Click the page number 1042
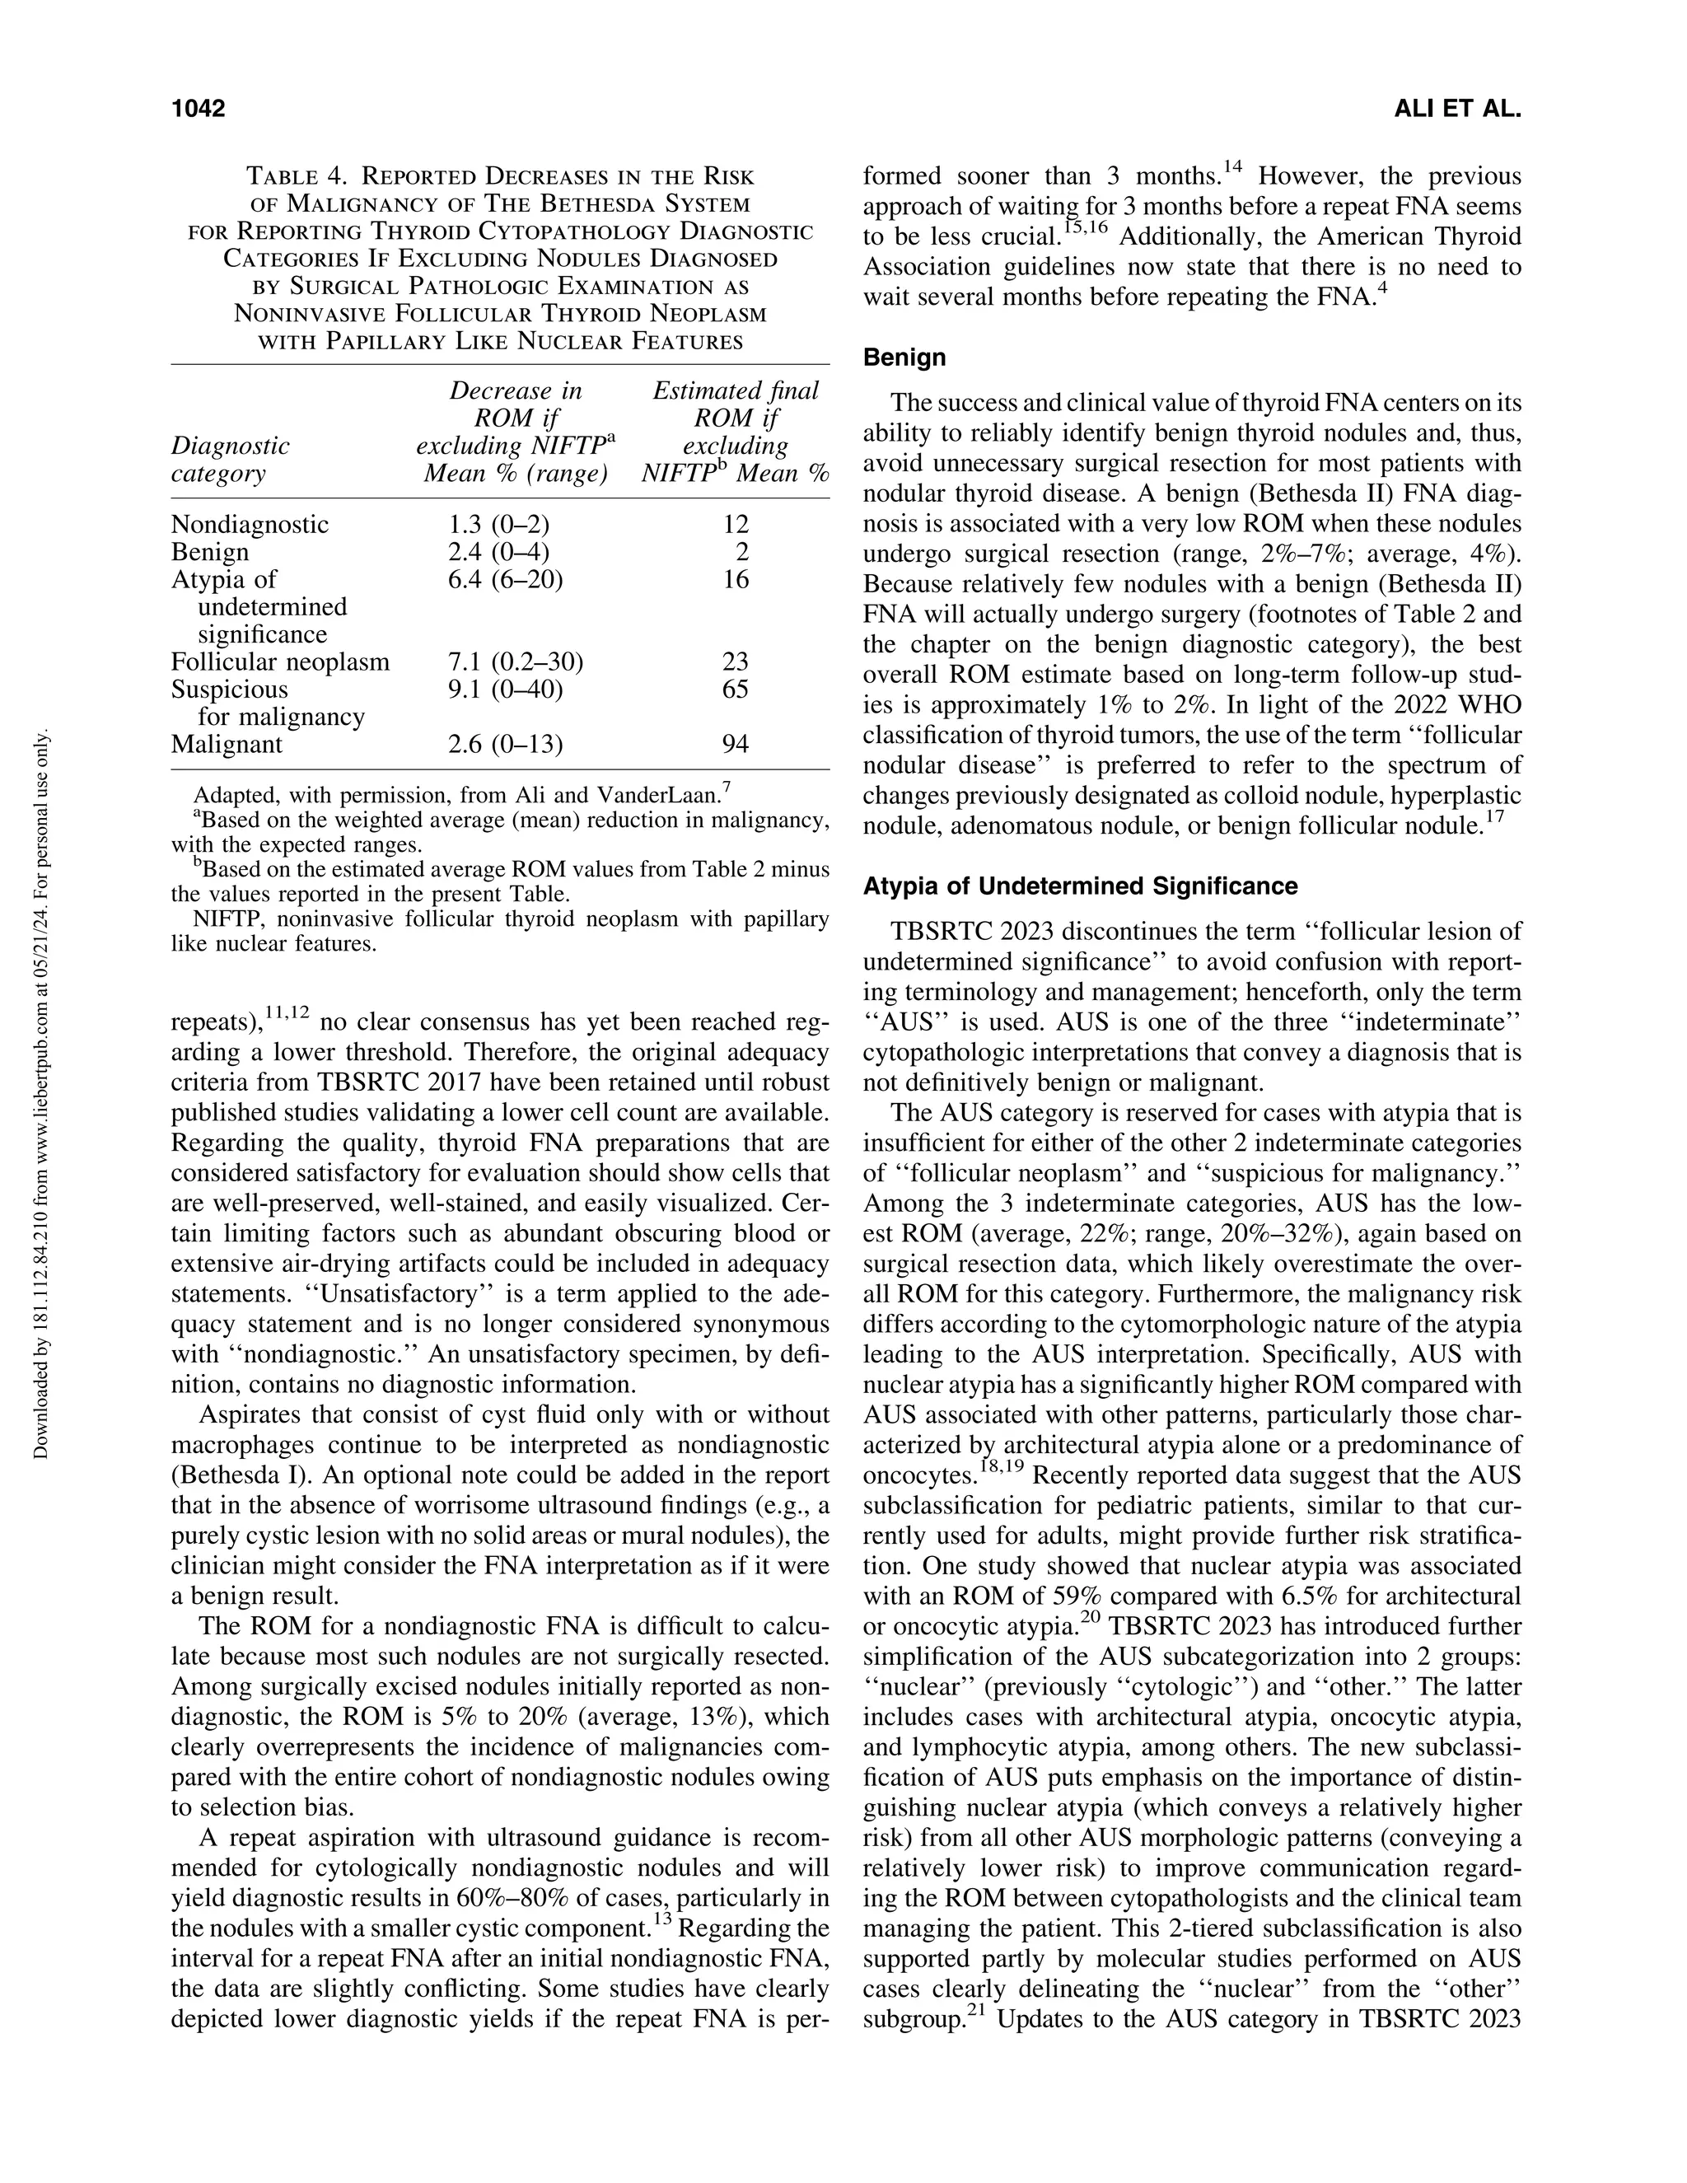[198, 109]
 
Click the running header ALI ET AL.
[1456, 109]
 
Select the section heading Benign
[904, 357]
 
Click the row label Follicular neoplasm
[280, 661]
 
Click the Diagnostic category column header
[230, 459]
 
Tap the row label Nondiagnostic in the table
[249, 525]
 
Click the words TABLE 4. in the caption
[297, 177]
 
